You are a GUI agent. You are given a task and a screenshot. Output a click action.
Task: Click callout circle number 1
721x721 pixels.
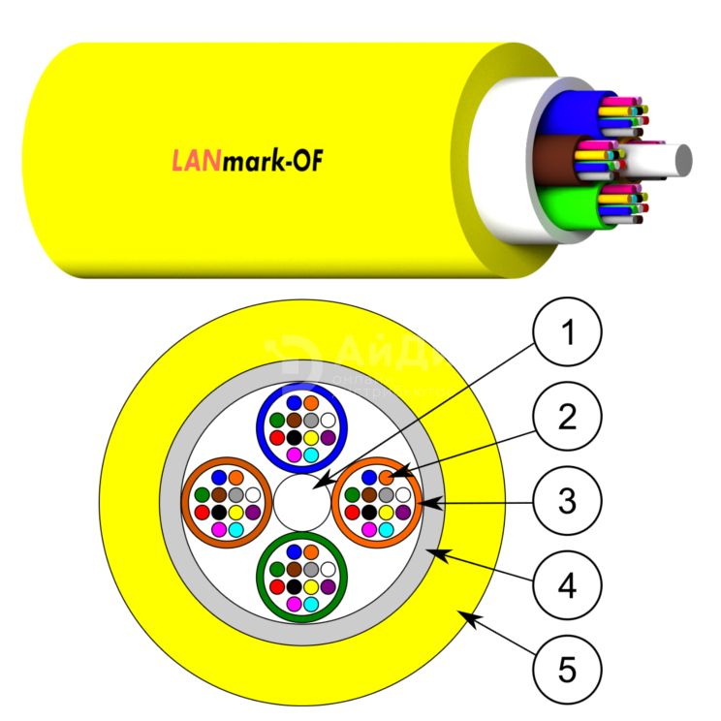point(568,336)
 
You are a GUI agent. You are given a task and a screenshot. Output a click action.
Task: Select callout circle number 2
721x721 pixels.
point(568,418)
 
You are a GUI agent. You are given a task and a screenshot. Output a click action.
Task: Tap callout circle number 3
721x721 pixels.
point(568,501)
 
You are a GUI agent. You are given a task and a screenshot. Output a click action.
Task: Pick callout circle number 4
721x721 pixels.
point(568,584)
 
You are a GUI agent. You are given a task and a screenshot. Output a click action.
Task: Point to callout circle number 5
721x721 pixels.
point(568,668)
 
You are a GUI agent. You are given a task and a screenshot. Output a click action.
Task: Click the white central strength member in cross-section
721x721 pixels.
point(300,502)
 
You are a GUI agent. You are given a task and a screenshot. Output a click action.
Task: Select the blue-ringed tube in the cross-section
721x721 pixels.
point(300,423)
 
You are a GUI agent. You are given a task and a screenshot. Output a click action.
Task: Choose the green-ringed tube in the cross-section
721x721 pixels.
point(300,578)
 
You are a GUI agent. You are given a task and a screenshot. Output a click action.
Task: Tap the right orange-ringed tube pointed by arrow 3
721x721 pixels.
point(378,501)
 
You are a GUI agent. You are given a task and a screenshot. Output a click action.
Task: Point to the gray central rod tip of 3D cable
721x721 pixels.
point(682,159)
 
